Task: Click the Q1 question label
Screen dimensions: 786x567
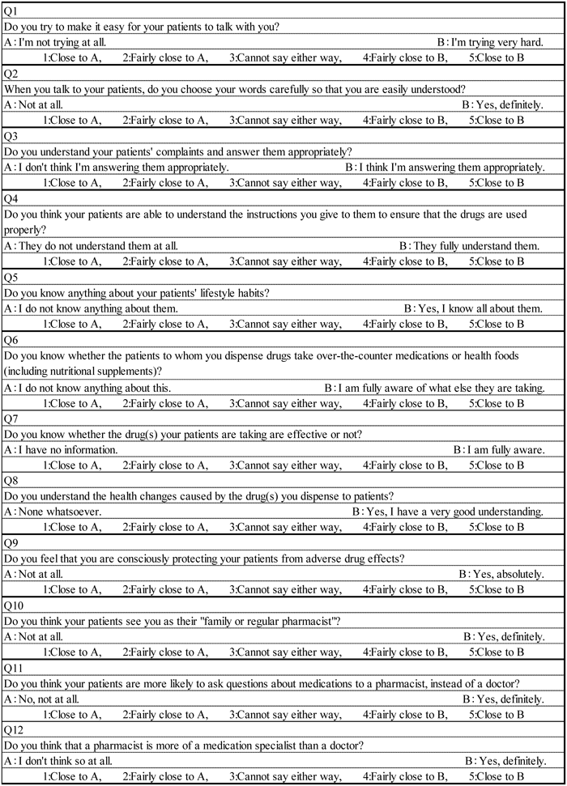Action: (11, 10)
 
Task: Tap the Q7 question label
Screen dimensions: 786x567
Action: (11, 419)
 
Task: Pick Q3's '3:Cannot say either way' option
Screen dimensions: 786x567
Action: (284, 182)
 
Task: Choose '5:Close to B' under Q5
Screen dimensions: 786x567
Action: (497, 325)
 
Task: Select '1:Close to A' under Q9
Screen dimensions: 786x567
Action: (72, 589)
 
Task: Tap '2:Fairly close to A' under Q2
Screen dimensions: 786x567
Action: (165, 120)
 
